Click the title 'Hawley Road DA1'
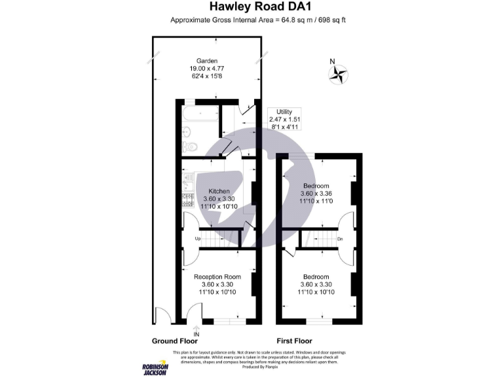click(x=251, y=7)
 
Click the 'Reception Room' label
click(x=217, y=277)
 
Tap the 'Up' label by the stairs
click(x=198, y=240)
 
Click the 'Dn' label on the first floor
click(x=340, y=240)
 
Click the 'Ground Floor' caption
click(x=174, y=341)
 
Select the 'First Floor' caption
click(x=294, y=341)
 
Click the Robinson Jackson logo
click(x=155, y=368)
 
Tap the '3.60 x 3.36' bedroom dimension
click(x=316, y=194)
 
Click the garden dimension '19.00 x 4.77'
click(x=207, y=69)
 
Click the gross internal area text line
click(x=257, y=20)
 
